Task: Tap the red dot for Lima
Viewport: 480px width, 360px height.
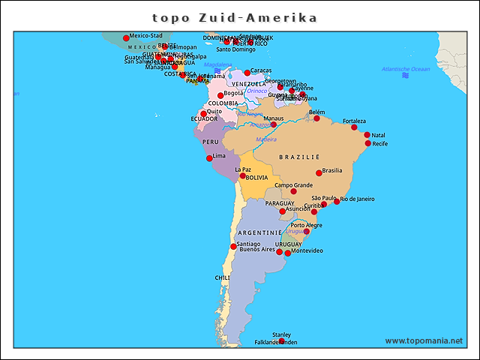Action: (x=209, y=158)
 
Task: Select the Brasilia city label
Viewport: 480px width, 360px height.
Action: (x=331, y=170)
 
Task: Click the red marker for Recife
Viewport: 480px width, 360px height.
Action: (x=367, y=143)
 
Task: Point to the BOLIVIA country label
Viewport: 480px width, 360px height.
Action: (x=256, y=178)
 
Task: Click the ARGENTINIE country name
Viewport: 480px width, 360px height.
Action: (x=259, y=233)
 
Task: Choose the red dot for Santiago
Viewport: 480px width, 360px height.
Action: (x=233, y=247)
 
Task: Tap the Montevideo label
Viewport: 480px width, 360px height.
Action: (x=307, y=250)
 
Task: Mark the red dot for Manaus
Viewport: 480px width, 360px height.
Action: (x=274, y=124)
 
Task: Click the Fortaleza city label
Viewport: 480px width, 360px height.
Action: (x=354, y=121)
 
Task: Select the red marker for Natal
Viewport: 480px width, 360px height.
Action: (x=367, y=135)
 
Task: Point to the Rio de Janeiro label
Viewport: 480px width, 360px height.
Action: (x=357, y=199)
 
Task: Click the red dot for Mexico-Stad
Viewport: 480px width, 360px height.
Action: (x=126, y=38)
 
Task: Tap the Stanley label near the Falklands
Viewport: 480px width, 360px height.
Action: (x=281, y=334)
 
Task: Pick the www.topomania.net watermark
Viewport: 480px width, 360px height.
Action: (x=424, y=340)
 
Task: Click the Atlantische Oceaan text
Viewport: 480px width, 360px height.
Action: (x=405, y=69)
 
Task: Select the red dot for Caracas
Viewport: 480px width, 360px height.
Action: (x=247, y=73)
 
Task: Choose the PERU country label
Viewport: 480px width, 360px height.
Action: (x=210, y=142)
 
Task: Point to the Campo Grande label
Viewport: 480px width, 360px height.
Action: (x=293, y=184)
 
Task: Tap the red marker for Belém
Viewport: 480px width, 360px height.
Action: (x=316, y=118)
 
